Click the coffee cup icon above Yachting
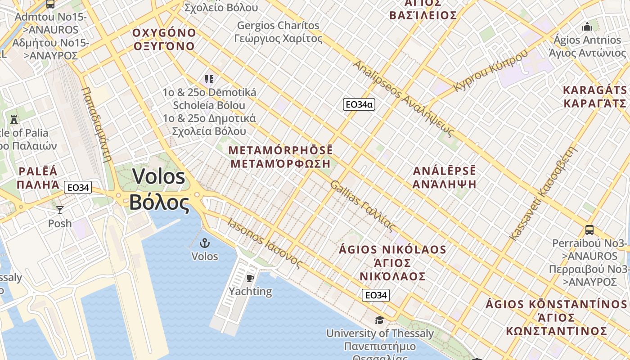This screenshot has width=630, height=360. pos(250,278)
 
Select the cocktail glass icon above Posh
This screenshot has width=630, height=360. pos(60,210)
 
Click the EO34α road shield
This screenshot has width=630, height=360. pos(359,104)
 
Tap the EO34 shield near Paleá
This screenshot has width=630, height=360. pos(78,187)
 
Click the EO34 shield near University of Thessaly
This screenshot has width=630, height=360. pos(376,295)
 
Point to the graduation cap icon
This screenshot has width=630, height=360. pos(380,320)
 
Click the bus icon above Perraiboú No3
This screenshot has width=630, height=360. pos(589,230)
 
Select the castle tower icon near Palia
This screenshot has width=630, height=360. pos(14,120)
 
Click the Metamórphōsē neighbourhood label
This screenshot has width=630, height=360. pos(281,157)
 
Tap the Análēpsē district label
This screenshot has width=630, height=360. pos(445,177)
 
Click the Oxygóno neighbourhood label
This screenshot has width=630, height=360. pos(164,40)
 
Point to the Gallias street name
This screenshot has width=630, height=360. pos(363,206)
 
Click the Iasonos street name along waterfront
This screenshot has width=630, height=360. pos(264,243)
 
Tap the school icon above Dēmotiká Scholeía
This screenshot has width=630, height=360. pos(209,79)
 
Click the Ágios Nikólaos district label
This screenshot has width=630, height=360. pos(392,262)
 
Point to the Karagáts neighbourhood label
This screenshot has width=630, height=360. pos(595,96)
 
